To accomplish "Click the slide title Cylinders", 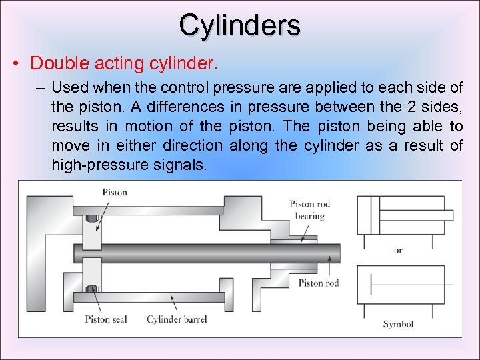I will pos(239,25).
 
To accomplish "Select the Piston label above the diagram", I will pos(115,192).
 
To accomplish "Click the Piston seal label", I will pos(106,319).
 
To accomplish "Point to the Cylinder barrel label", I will pos(177,319).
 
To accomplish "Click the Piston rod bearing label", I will pos(310,210).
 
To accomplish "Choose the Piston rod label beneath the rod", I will pos(318,283).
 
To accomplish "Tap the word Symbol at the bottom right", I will pos(398,324).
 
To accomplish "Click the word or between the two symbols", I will pos(398,251).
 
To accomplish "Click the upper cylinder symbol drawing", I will pos(405,215).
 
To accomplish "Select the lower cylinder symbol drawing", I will pos(405,285).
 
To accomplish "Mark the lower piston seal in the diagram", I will pos(92,289).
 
